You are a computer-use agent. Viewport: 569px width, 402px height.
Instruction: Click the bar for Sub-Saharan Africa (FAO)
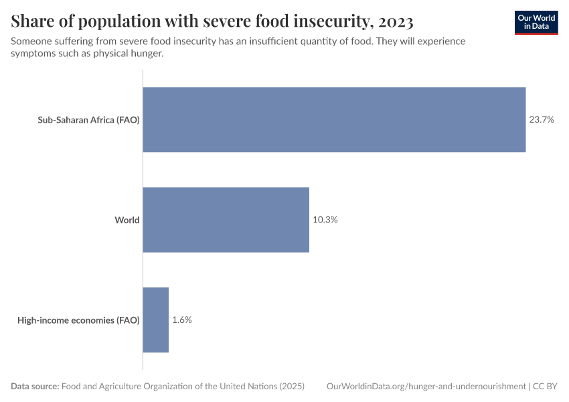click(334, 120)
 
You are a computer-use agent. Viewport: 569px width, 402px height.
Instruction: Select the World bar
click(226, 220)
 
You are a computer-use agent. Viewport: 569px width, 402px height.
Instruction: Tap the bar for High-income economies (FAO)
click(156, 320)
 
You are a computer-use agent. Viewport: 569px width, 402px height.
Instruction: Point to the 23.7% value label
click(542, 120)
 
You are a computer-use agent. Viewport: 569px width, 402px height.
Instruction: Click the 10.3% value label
click(325, 220)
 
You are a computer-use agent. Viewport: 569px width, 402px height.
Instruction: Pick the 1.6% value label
click(182, 320)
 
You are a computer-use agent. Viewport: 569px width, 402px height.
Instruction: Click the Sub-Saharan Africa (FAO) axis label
click(88, 121)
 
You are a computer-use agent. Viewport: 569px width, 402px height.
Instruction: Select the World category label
click(127, 220)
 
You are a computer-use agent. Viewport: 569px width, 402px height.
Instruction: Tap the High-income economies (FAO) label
click(78, 320)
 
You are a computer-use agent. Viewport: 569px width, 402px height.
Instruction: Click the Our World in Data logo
click(536, 22)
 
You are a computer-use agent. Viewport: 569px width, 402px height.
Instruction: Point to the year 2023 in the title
click(394, 22)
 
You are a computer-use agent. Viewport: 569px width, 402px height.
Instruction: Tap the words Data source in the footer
click(35, 387)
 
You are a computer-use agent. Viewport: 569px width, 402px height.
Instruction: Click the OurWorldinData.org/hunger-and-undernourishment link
click(426, 387)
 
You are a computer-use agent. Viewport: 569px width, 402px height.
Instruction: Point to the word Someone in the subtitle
click(32, 42)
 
